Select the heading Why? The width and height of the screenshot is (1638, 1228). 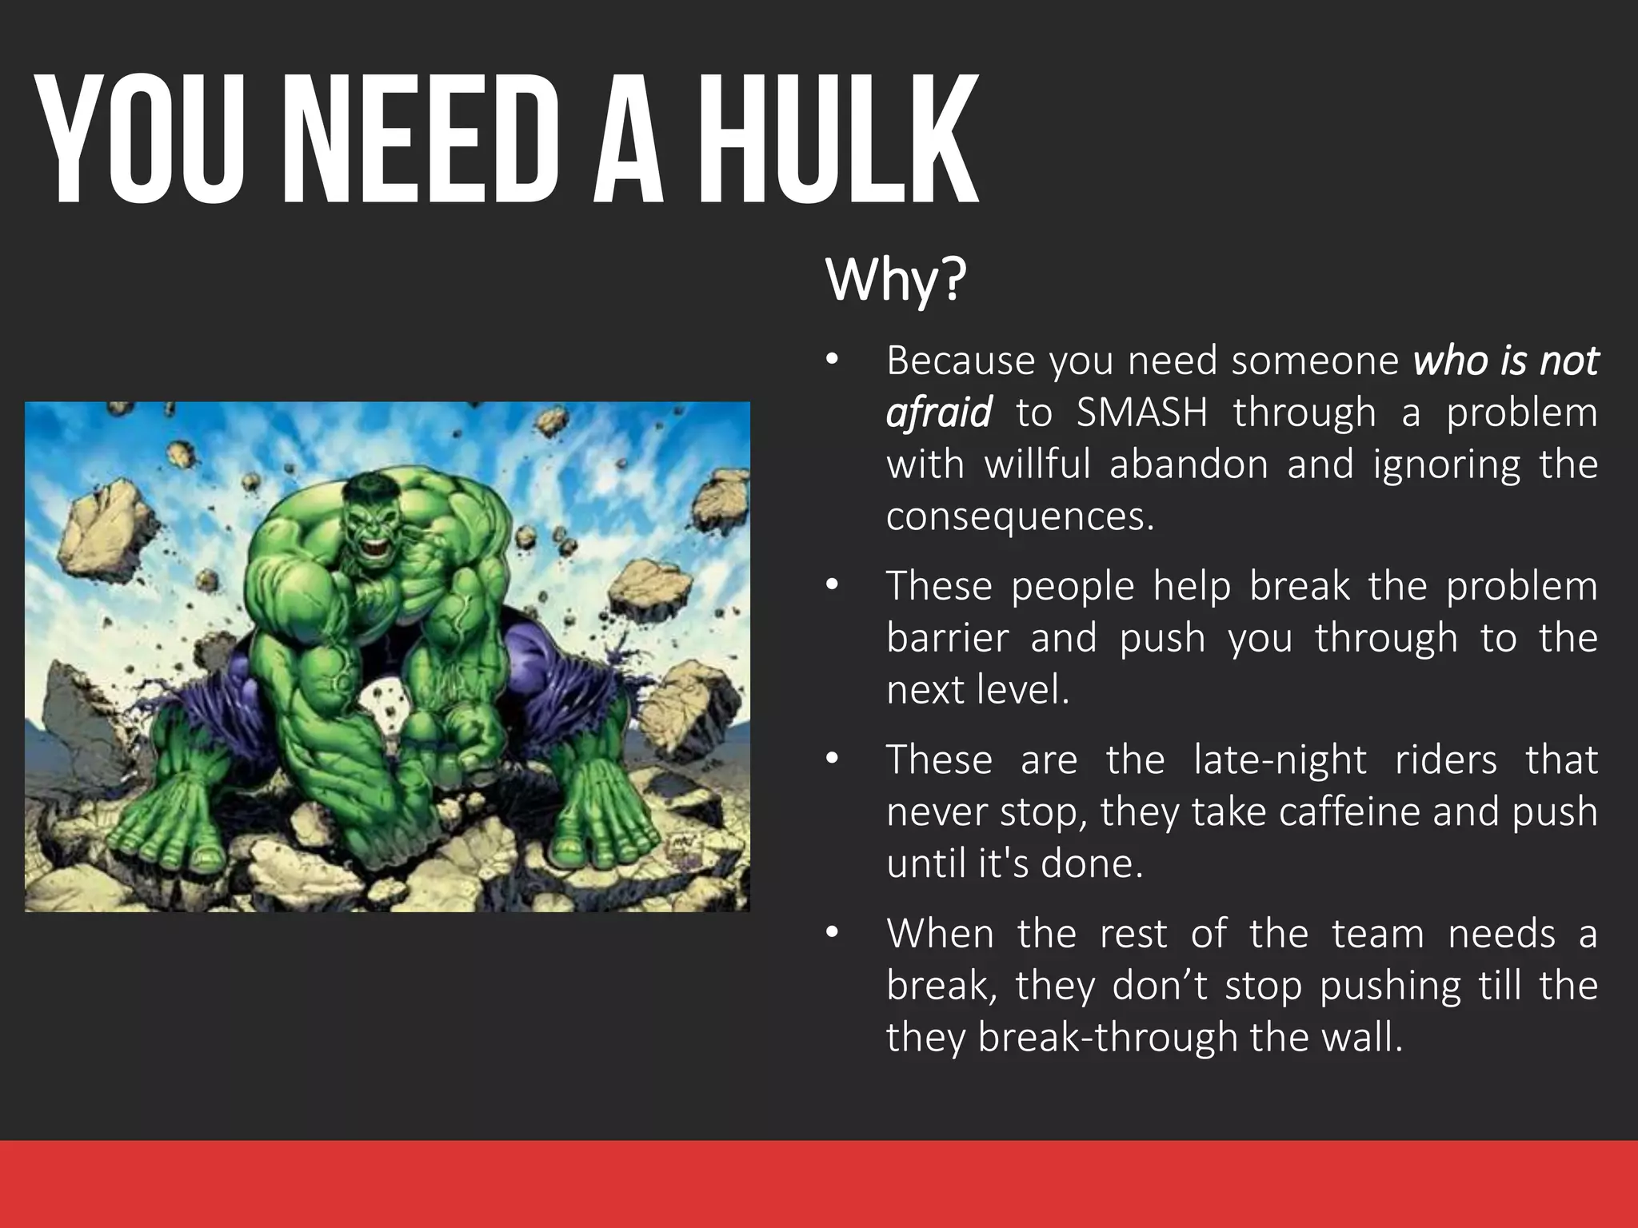tap(895, 280)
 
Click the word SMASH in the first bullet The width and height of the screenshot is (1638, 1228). tap(1141, 413)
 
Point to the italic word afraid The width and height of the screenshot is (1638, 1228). tap(938, 413)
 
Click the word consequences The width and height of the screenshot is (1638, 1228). tap(1019, 516)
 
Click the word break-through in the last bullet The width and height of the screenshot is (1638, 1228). tap(1108, 1037)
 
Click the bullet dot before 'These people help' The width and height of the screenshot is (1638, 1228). tap(832, 587)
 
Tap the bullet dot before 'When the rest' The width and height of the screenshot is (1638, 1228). tap(832, 934)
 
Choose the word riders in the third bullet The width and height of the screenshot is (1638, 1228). tap(1445, 760)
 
